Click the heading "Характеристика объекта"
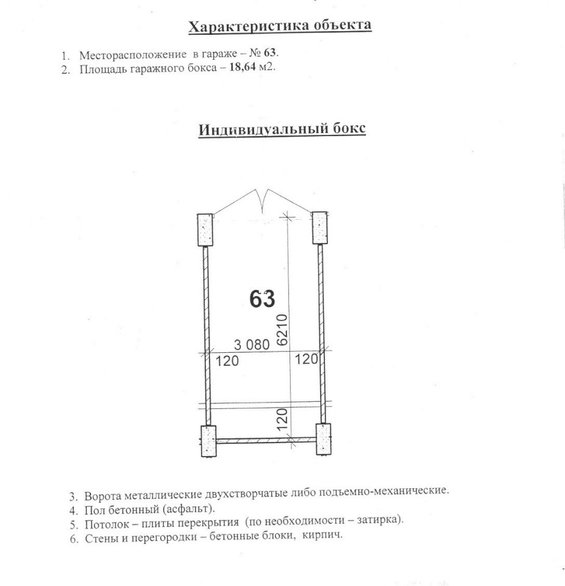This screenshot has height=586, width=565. coord(280,26)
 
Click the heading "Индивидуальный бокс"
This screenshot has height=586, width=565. coord(282,129)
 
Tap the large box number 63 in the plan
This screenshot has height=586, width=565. coord(263,299)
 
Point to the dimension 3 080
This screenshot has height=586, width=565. coord(251,344)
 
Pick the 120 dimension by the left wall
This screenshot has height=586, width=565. coord(227,361)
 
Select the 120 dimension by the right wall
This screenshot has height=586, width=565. coord(307,360)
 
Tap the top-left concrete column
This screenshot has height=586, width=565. coord(205,229)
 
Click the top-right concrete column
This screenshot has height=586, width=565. coord(320,228)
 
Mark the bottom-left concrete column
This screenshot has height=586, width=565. coord(208,440)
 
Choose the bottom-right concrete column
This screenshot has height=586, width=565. coord(323,439)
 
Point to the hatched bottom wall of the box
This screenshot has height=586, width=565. coord(265,440)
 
